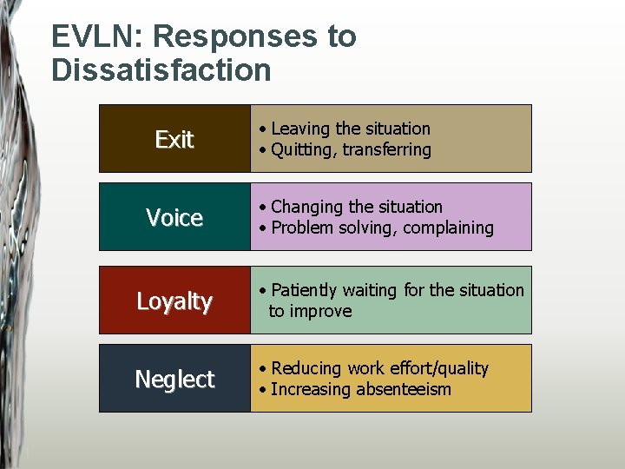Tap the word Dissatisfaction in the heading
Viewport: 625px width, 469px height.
[x=161, y=69]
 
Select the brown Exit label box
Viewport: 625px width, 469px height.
[x=174, y=139]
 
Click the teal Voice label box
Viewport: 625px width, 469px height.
[x=174, y=217]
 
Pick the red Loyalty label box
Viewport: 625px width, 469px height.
[x=174, y=301]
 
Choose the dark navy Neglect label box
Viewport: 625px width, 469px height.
[x=174, y=379]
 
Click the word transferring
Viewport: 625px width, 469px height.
[x=386, y=150]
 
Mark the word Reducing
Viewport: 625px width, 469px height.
[x=306, y=368]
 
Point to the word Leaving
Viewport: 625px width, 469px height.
[x=299, y=129]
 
